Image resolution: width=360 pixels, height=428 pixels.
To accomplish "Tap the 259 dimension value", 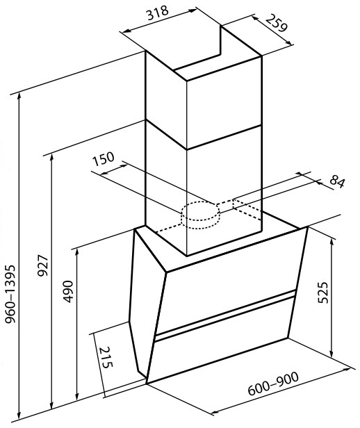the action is point(277,23).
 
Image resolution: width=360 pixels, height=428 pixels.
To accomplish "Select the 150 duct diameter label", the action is point(103,159).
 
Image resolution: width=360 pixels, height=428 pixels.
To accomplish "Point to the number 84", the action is point(337,182).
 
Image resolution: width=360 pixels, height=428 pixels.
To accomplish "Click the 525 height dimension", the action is point(323,293).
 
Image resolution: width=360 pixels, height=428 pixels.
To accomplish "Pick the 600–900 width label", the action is point(273,384).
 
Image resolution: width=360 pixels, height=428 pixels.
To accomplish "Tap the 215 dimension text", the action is point(106,357).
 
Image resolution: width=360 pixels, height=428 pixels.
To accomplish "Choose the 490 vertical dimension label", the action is point(68,292).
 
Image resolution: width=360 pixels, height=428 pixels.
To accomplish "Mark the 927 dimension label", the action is point(43,265).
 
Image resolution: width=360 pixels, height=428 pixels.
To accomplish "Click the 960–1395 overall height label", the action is point(10,294).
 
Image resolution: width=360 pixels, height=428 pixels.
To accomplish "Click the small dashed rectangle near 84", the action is point(247,209).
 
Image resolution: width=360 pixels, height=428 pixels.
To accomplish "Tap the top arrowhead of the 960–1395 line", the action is point(19,97).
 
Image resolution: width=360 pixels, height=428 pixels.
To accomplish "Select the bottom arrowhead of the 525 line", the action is point(332,353).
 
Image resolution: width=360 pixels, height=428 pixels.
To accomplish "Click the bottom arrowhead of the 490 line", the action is point(77,397).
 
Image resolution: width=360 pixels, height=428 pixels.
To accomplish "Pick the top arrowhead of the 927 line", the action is point(51,158).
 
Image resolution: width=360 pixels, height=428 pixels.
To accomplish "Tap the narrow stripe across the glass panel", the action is point(225,315).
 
